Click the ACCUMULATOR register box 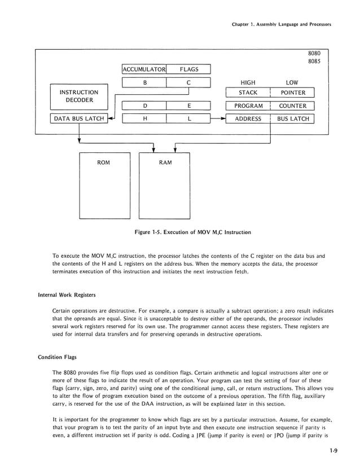point(144,69)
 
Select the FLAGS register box point(188,69)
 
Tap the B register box point(144,83)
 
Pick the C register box point(188,83)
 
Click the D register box point(144,105)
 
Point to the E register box point(188,105)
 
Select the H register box point(144,119)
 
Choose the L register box point(188,119)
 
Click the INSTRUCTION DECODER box point(79,96)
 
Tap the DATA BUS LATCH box point(79,119)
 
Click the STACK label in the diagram point(248,93)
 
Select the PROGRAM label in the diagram point(248,105)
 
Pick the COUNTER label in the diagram point(292,105)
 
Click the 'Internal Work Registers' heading point(67,294)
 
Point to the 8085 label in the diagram point(314,61)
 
